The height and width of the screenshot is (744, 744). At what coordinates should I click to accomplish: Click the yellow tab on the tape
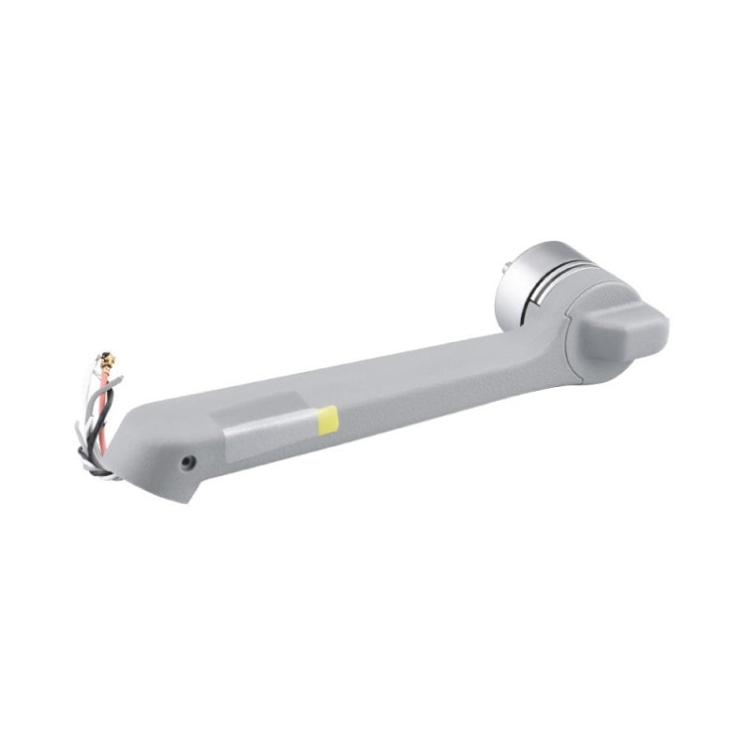326,418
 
